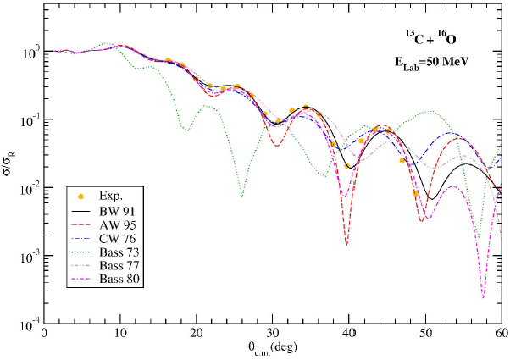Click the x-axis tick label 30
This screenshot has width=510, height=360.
pos(273,335)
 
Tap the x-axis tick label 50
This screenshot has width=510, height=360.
pos(425,335)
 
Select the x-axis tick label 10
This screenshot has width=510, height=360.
pos(120,335)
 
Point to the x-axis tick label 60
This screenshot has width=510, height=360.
pos(501,335)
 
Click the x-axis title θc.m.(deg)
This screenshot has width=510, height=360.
pos(272,349)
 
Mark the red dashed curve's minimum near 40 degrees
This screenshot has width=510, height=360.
pos(346,244)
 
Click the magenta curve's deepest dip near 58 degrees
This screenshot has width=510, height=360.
pos(483,296)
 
